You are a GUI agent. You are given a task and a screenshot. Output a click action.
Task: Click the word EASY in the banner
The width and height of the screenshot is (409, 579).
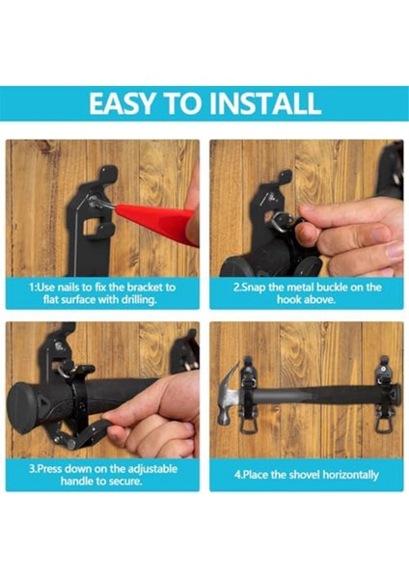pyautogui.click(x=121, y=103)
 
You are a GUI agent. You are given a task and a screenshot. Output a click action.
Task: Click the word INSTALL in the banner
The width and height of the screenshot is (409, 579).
pyautogui.click(x=264, y=103)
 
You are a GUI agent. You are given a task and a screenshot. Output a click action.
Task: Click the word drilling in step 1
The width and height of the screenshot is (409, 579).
pyautogui.click(x=139, y=300)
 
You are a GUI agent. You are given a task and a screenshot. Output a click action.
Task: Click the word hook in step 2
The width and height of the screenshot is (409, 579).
pyautogui.click(x=289, y=299)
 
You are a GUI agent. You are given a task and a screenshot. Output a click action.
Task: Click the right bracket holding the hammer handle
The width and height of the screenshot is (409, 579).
pyautogui.click(x=385, y=394)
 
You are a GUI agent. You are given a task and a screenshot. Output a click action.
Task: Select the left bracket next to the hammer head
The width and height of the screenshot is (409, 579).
pyautogui.click(x=249, y=395)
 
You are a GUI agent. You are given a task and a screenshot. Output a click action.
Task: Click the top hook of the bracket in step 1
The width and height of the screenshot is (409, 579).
pyautogui.click(x=109, y=175)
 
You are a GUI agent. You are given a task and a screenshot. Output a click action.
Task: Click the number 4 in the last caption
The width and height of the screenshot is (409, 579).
pyautogui.click(x=237, y=475)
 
